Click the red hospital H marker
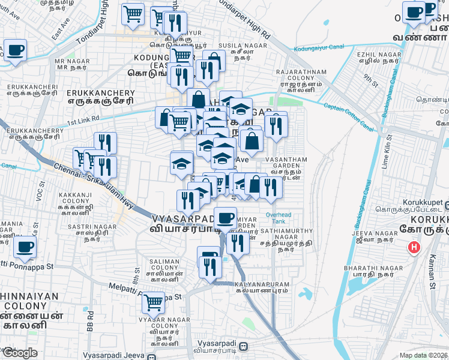tap(414, 247)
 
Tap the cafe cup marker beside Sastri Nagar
tap(25, 247)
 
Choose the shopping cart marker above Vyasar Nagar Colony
tap(154, 302)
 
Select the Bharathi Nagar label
tap(364, 271)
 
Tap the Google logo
tap(19, 353)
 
